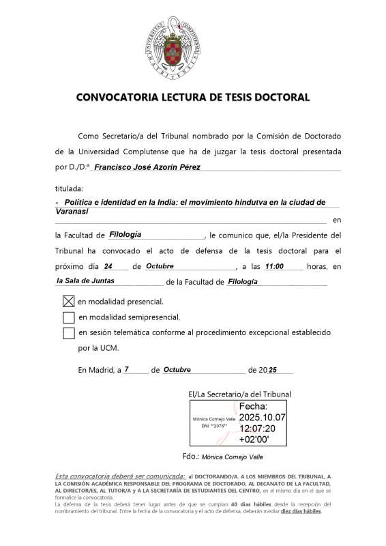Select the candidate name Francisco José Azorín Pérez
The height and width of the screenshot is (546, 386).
pyautogui.click(x=147, y=167)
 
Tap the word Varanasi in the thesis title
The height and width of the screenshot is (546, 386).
pyautogui.click(x=71, y=211)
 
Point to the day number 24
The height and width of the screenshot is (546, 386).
pyautogui.click(x=108, y=267)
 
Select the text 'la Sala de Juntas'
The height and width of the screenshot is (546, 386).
pyautogui.click(x=85, y=281)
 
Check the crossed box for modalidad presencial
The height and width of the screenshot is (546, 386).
pyautogui.click(x=68, y=301)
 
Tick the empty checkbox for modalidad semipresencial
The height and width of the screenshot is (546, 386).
pyautogui.click(x=68, y=317)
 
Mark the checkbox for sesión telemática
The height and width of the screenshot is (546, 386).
pyautogui.click(x=68, y=333)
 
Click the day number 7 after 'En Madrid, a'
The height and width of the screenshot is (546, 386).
pyautogui.click(x=127, y=369)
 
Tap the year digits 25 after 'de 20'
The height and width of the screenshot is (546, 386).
pyautogui.click(x=273, y=370)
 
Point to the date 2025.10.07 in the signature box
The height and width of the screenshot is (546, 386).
pyautogui.click(x=263, y=417)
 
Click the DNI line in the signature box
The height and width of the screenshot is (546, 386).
pyautogui.click(x=213, y=426)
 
